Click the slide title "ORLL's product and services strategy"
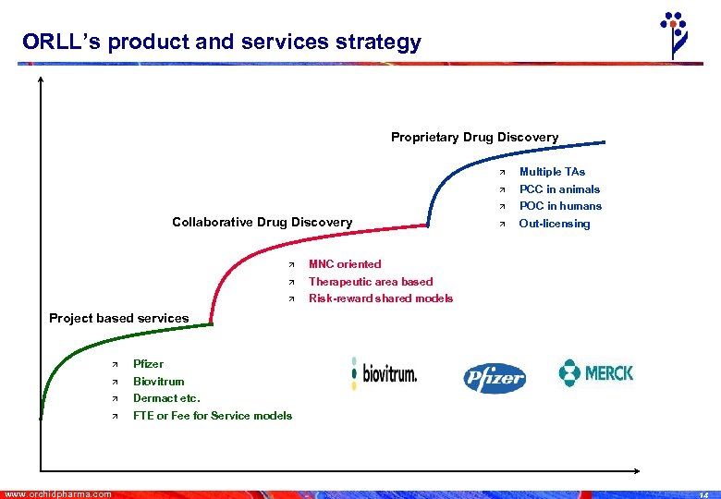[222, 42]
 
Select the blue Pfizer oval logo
[494, 377]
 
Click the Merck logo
[596, 373]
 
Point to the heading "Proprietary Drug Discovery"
[474, 138]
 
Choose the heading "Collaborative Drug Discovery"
[262, 222]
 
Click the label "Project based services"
[118, 318]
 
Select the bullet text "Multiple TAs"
[552, 172]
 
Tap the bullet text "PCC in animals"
[559, 189]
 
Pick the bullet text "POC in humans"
[560, 206]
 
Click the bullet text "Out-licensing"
[554, 224]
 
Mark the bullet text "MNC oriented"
[344, 264]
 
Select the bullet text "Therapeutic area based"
[370, 282]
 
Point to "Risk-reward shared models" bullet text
[380, 298]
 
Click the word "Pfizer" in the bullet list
[148, 364]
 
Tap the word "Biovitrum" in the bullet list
[158, 382]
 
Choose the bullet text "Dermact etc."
[166, 398]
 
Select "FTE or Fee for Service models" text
[212, 416]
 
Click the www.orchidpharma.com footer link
[58, 493]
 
